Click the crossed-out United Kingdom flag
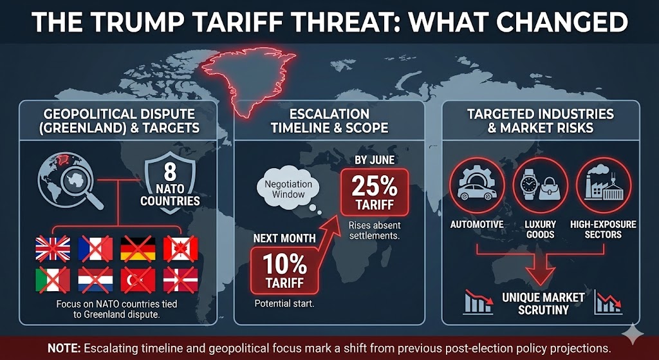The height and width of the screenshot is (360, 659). [52, 249]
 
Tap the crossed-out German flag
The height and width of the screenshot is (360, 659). [138, 249]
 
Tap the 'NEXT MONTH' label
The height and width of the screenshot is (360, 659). [284, 238]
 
